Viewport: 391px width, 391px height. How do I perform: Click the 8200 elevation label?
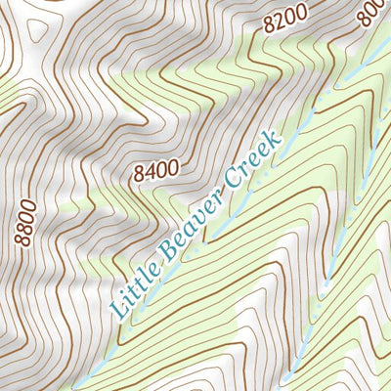pos(285,20)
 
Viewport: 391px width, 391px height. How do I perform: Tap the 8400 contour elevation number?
pos(156,170)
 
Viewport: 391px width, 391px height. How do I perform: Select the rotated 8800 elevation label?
pos(26,222)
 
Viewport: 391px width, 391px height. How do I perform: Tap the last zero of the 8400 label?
pos(173,164)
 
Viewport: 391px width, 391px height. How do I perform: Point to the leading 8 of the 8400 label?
pos(141,177)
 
